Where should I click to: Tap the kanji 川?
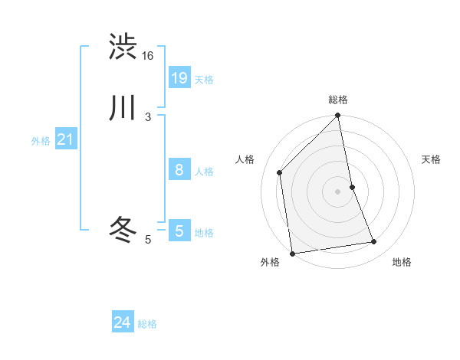pyautogui.click(x=123, y=108)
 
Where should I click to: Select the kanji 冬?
pyautogui.click(x=123, y=229)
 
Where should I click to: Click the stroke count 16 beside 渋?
pyautogui.click(x=148, y=56)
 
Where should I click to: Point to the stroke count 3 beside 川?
pyautogui.click(x=148, y=116)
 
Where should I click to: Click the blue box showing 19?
pyautogui.click(x=179, y=77)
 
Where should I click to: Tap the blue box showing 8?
pyautogui.click(x=179, y=170)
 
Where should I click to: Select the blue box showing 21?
pyautogui.click(x=65, y=139)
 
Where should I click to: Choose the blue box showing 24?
pyautogui.click(x=122, y=323)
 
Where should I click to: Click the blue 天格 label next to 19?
pyautogui.click(x=204, y=80)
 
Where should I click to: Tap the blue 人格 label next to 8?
pyautogui.click(x=204, y=172)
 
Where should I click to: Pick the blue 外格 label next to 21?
pyautogui.click(x=41, y=141)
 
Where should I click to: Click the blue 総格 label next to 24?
pyautogui.click(x=147, y=325)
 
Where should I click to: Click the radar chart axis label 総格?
pyautogui.click(x=338, y=100)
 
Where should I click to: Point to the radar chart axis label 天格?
pyautogui.click(x=432, y=159)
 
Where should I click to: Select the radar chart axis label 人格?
pyautogui.click(x=245, y=159)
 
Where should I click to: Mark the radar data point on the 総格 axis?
pyautogui.click(x=338, y=116)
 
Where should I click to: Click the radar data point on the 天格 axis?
pyautogui.click(x=352, y=187)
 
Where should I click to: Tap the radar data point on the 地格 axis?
pyautogui.click(x=374, y=242)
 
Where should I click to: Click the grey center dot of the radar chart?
pyautogui.click(x=338, y=191)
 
